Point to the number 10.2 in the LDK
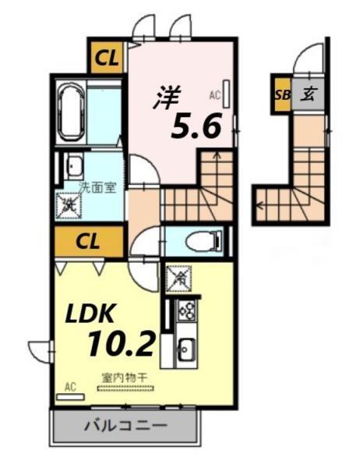(x=122, y=341)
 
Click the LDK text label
(x=89, y=313)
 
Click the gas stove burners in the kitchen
(x=186, y=311)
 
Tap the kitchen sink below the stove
(x=186, y=347)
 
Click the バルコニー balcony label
(x=124, y=427)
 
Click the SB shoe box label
(x=281, y=95)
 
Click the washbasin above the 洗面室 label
(x=74, y=165)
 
